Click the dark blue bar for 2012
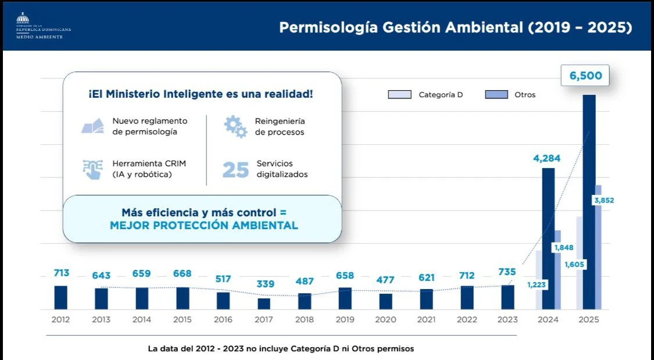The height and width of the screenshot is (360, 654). [60, 297]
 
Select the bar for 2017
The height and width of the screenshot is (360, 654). [264, 304]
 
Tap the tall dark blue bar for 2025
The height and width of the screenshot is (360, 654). [589, 204]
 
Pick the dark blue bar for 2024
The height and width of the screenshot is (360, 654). [548, 238]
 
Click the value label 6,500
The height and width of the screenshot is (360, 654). [585, 76]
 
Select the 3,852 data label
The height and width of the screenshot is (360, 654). [603, 200]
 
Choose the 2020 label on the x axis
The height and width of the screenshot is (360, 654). [385, 319]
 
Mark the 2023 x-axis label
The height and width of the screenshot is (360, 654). [508, 319]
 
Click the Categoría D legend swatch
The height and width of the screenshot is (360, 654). [399, 94]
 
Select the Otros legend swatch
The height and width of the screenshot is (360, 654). [496, 94]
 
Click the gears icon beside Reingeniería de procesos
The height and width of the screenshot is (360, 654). [235, 126]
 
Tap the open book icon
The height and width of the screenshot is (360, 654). [92, 126]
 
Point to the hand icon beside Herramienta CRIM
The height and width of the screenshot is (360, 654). [92, 169]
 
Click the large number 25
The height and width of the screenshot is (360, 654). [235, 169]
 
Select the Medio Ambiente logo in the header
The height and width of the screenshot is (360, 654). [43, 26]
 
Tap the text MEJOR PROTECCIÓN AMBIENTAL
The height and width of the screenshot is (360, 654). [203, 226]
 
